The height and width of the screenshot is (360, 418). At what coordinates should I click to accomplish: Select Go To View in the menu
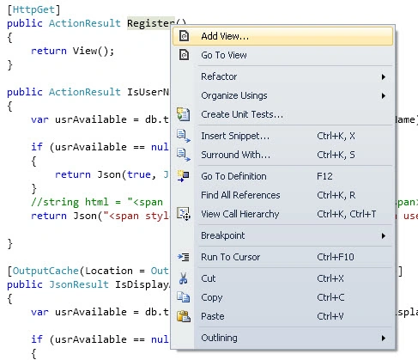point(224,55)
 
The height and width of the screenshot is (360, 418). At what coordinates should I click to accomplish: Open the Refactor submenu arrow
point(384,76)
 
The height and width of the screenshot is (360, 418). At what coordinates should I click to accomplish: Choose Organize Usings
point(234,95)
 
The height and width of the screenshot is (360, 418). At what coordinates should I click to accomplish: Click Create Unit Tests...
point(242,114)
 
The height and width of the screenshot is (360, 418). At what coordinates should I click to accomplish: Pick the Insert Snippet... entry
point(235,136)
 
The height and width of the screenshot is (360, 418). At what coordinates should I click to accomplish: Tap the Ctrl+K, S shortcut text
point(336,155)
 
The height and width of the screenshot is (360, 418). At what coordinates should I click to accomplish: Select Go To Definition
point(233,176)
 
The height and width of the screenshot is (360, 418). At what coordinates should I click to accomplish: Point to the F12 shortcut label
point(324,176)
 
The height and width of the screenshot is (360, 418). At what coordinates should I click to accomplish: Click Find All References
point(240,195)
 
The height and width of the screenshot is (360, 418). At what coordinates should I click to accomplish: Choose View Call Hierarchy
point(239,214)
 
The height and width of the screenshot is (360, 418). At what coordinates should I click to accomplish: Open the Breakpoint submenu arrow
point(384,235)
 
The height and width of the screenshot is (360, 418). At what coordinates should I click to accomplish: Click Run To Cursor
point(230,257)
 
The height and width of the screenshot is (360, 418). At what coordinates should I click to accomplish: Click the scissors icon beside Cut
point(184,278)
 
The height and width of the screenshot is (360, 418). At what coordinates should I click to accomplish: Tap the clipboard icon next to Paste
point(184,316)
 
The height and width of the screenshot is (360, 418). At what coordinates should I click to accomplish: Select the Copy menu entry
point(211,298)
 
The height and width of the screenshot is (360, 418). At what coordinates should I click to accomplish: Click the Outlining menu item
point(219,339)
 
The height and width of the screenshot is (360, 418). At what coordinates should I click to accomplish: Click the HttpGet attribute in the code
point(33,9)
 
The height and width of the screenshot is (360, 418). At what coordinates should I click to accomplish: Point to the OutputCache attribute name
point(45,271)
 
